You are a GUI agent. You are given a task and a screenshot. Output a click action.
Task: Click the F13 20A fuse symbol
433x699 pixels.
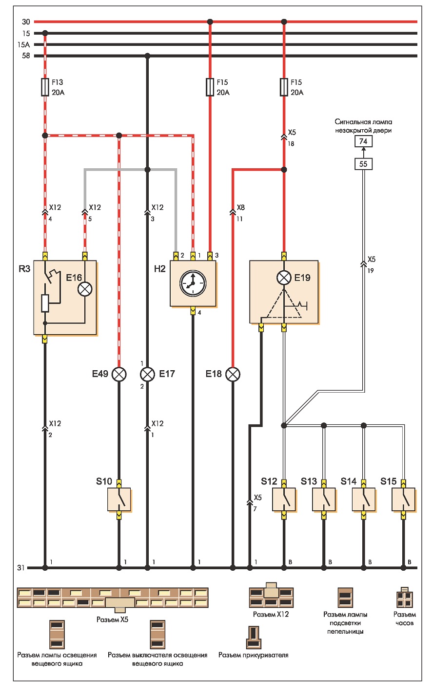pos(45,87)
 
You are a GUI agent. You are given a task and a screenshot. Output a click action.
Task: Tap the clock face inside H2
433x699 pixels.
pos(193,283)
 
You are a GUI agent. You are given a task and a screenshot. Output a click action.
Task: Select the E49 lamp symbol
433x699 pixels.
pos(119,374)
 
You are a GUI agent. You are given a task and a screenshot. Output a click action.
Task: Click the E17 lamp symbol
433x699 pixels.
pos(148,374)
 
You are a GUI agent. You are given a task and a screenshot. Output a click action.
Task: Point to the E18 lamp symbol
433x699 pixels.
pos(233,374)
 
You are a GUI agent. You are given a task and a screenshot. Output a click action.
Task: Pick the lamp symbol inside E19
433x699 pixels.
pos(284,278)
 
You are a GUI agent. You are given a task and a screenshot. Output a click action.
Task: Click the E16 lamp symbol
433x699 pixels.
pos(85,289)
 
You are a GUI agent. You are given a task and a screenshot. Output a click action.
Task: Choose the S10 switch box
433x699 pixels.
pos(119,499)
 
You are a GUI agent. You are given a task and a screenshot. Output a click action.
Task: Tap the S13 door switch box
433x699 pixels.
pos(324,499)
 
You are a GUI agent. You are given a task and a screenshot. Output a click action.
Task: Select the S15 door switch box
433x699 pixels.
pos(403,499)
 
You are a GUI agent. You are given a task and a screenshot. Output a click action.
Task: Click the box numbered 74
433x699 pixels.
pos(363,141)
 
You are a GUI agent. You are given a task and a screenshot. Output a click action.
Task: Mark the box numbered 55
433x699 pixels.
pos(363,164)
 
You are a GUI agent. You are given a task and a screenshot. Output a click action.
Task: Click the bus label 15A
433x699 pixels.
pos(24,44)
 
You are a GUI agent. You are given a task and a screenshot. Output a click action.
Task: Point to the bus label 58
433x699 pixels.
pos(26,56)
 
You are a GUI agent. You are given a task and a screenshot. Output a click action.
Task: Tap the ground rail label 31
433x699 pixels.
pos(21,568)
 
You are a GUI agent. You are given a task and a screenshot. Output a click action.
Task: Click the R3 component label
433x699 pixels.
pos(24,269)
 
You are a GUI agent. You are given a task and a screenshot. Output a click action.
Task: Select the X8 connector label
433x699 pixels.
pos(241,207)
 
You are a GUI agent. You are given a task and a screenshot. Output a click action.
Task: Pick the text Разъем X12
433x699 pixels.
pos(271,614)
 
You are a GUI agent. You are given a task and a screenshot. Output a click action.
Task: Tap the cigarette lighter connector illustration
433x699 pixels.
pos(254,637)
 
